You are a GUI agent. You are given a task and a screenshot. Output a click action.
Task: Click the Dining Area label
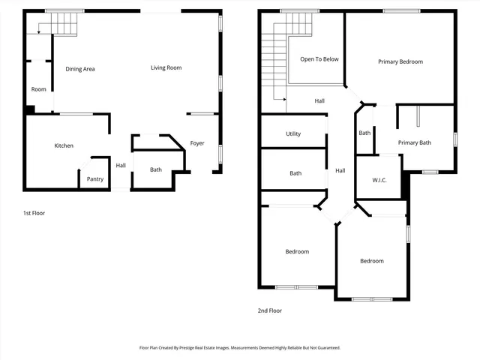click(80, 69)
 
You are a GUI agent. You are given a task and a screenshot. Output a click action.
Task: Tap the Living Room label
click(166, 68)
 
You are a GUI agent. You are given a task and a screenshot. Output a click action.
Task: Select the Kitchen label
click(63, 145)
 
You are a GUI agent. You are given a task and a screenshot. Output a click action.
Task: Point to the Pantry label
click(95, 178)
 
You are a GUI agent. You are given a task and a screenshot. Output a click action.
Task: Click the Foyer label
click(197, 143)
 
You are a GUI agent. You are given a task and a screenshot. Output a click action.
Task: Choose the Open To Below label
click(319, 59)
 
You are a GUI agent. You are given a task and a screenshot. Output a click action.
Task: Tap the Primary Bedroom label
click(400, 62)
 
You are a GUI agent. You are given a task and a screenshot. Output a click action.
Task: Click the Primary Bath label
click(414, 142)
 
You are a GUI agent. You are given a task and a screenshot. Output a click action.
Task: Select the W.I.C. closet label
click(379, 181)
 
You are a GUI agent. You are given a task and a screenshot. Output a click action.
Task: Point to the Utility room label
click(293, 134)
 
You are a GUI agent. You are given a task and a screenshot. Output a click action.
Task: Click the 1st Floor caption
click(34, 213)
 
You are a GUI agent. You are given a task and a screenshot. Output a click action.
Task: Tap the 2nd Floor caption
click(270, 310)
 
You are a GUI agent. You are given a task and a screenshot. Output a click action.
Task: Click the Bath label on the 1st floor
click(155, 169)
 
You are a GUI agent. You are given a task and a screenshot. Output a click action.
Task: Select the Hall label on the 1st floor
click(121, 166)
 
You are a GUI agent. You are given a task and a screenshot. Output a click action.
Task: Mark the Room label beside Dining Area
click(38, 89)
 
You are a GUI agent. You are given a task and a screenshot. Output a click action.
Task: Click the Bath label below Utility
click(295, 173)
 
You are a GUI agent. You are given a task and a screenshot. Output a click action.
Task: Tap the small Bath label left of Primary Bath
click(364, 133)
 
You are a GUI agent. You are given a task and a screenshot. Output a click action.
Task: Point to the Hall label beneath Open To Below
click(319, 100)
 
